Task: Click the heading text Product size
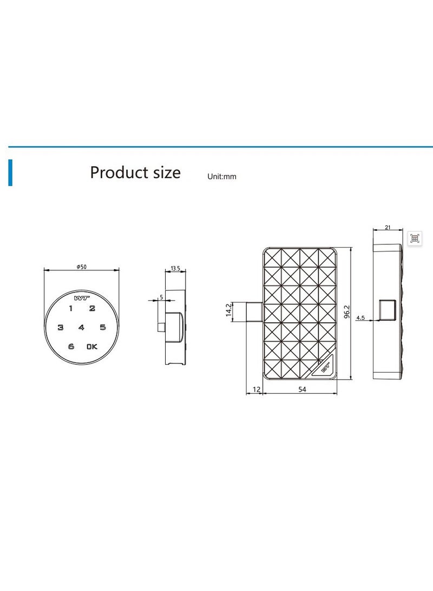click(x=135, y=173)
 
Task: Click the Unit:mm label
click(x=222, y=177)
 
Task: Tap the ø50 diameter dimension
click(x=82, y=267)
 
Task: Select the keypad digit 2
click(x=92, y=308)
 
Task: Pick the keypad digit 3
click(x=61, y=327)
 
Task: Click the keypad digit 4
click(x=81, y=327)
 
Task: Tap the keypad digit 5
click(x=102, y=327)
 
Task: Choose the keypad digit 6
click(x=71, y=347)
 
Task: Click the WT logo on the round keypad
click(x=81, y=298)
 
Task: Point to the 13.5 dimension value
click(x=175, y=268)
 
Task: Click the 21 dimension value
click(x=388, y=228)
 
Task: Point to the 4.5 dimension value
click(x=360, y=318)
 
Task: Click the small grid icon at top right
click(x=415, y=238)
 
